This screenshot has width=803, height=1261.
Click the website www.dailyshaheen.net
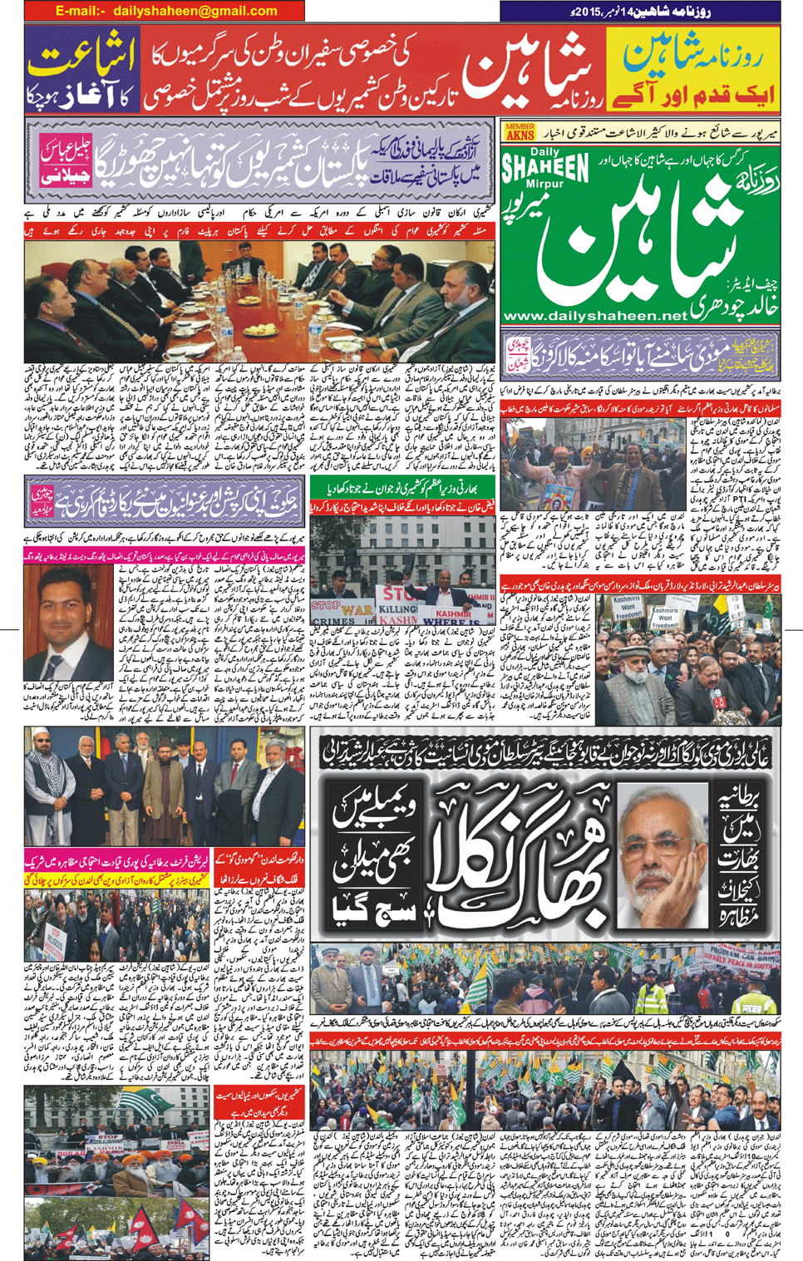click(x=596, y=316)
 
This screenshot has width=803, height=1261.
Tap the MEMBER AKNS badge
click(x=520, y=131)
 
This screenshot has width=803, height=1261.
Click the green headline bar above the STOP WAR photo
click(x=401, y=490)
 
